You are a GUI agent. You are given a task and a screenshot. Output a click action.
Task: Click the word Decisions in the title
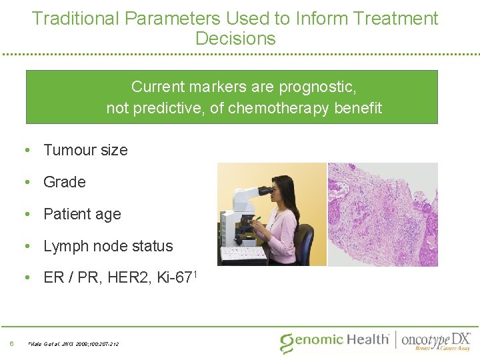click(235, 39)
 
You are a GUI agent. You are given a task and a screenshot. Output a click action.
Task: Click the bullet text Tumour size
click(85, 150)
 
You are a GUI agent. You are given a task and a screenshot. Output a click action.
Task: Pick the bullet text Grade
click(65, 182)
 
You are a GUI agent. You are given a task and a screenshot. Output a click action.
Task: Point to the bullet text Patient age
click(82, 214)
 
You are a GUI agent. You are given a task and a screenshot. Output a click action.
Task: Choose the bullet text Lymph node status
click(108, 246)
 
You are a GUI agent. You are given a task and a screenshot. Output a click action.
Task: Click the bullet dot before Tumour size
click(27, 150)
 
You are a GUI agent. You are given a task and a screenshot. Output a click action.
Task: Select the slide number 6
click(12, 344)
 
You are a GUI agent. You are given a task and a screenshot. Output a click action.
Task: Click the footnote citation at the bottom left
click(73, 344)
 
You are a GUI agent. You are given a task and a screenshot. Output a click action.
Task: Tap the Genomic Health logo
click(334, 340)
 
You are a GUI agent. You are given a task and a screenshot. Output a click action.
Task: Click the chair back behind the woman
click(306, 243)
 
